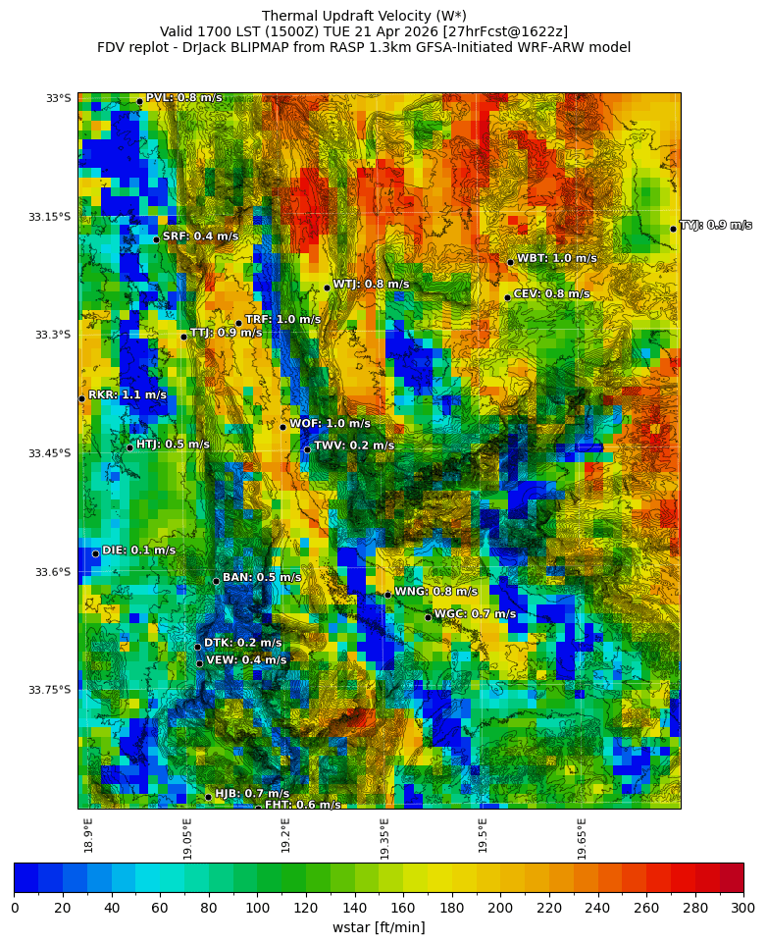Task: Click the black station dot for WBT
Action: (510, 262)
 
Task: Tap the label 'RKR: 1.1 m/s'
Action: (128, 395)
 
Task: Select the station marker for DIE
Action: (95, 554)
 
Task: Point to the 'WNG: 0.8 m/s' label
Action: (435, 592)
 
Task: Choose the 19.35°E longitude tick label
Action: (384, 838)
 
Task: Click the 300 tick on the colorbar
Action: (742, 909)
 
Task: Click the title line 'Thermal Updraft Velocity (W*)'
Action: (364, 16)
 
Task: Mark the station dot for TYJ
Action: (673, 229)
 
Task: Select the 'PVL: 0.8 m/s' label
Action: (183, 98)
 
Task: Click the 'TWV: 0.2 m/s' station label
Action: (354, 446)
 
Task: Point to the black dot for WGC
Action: (428, 617)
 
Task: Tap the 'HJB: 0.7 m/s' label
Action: (252, 794)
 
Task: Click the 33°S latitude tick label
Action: (58, 98)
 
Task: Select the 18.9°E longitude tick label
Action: (88, 835)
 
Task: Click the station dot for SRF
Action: (156, 239)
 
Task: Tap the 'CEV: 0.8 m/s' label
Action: (551, 294)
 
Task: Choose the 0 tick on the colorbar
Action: (15, 909)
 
